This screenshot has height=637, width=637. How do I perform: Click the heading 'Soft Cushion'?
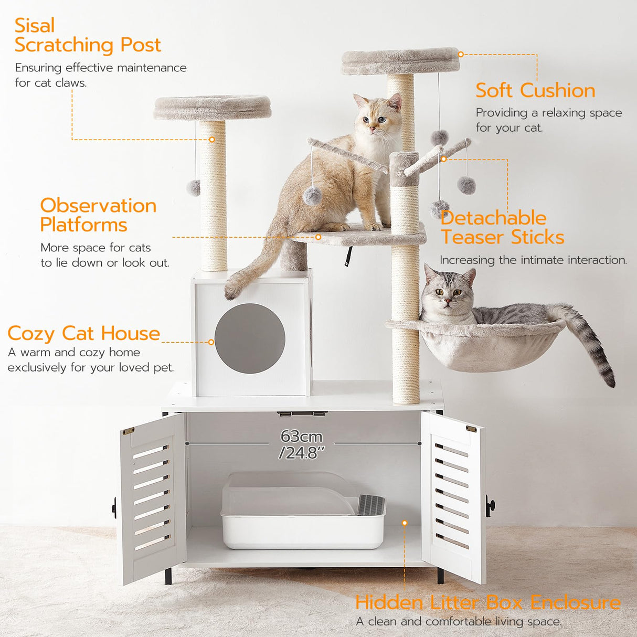click(535, 90)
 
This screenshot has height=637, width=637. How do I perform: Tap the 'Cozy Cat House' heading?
click(83, 333)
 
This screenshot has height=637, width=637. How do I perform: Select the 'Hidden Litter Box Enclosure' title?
click(487, 602)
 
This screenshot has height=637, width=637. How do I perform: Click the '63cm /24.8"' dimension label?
click(302, 444)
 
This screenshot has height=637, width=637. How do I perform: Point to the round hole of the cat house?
click(250, 338)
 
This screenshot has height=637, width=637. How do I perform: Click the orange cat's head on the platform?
click(375, 115)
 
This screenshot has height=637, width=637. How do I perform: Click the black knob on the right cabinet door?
click(490, 506)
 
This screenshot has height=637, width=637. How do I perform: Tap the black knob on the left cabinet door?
click(114, 507)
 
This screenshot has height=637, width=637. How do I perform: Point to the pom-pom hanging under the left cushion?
click(194, 187)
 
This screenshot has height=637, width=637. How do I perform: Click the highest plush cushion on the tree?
click(400, 60)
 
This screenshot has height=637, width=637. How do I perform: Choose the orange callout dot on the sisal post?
click(212, 140)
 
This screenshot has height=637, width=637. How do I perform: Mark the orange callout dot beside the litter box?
click(405, 523)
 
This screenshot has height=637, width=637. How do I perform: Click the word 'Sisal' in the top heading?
click(35, 25)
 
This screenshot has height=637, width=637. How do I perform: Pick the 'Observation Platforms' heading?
click(98, 215)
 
